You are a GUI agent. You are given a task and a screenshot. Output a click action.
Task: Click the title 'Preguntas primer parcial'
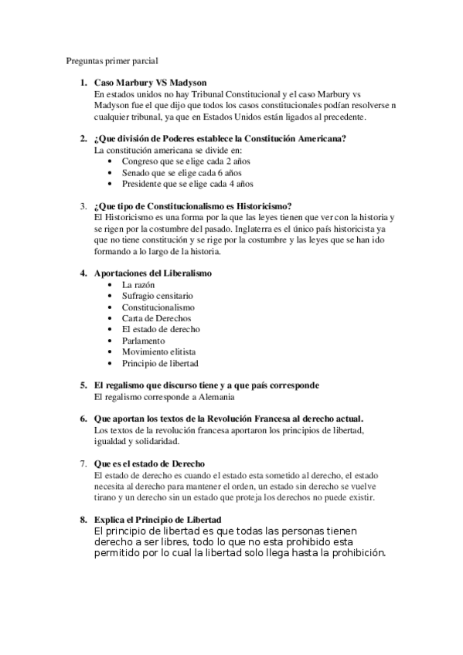coord(112,59)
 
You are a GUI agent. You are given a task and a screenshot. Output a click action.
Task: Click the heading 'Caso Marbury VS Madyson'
coord(150,83)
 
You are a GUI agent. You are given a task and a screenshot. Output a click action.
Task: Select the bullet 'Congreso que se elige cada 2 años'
coord(186,161)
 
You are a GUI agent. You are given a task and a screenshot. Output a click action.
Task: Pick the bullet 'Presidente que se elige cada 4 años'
coord(187,185)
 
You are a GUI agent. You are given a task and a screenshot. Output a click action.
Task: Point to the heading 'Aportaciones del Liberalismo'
coord(152,273)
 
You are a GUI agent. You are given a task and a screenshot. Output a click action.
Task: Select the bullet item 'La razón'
coord(138,285)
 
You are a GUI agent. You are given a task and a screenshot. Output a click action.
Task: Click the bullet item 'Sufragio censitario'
coord(158,296)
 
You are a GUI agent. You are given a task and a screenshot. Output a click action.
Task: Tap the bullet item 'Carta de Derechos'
coord(156,318)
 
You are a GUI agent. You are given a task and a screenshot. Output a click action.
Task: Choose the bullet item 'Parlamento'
coord(144,341)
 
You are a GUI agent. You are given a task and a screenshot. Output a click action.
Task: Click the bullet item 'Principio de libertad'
coord(160,363)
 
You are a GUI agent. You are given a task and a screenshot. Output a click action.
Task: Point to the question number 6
coord(83,418)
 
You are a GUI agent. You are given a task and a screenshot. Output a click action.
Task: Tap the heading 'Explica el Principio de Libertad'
coord(158,519)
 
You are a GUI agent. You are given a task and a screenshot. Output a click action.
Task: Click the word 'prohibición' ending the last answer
coord(352,554)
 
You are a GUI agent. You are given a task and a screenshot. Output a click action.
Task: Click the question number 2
coord(83,139)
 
